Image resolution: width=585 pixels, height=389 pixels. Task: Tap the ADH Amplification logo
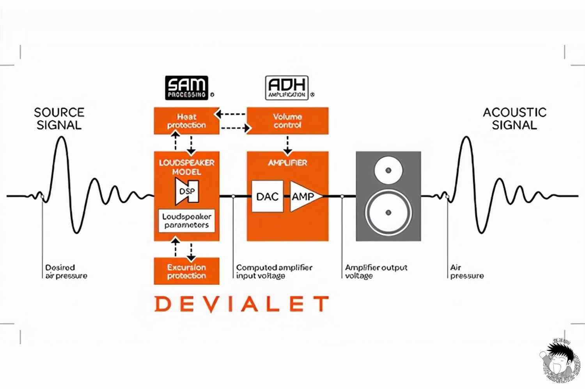coord(287,88)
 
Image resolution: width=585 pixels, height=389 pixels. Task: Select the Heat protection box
coord(186,121)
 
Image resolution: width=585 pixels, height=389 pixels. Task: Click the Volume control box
coord(287,121)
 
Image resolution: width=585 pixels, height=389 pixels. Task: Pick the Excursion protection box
coord(186,271)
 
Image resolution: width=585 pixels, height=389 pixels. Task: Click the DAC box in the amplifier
coord(267,196)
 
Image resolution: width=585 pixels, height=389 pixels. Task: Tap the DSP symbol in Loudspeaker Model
coord(187,192)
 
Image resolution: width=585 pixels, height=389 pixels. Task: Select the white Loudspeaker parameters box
coord(186,221)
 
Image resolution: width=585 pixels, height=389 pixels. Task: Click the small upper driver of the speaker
coord(388,171)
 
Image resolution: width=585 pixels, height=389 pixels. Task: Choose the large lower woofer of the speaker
coord(388,213)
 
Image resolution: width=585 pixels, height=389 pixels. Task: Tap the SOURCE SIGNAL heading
coord(59,119)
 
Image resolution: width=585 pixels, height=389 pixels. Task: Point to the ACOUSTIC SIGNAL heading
coord(514,119)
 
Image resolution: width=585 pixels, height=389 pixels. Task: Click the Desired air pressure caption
coord(66,272)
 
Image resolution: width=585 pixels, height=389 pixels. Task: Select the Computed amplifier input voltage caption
coord(274,272)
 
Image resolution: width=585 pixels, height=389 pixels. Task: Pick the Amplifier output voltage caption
coord(376,272)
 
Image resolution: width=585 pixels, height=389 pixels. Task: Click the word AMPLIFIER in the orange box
coord(287,163)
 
